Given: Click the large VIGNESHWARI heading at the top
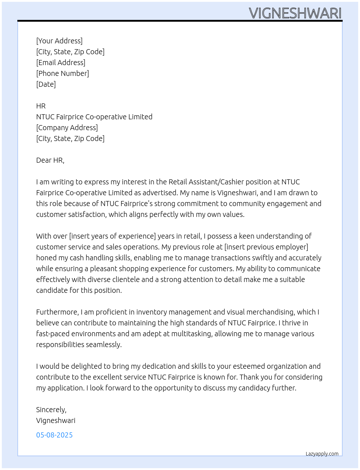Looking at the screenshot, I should pos(295,13).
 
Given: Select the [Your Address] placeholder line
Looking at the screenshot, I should pos(59,41).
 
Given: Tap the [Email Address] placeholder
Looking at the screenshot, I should pos(61,63).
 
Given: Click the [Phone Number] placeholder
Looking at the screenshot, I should pos(63,73).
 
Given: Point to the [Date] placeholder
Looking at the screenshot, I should pos(46,84).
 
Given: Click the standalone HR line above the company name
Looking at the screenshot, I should pos(41,106).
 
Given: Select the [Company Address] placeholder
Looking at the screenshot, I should pos(67,128).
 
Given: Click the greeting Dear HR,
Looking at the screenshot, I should pos(50,160).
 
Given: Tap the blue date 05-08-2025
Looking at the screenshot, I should pos(54,435).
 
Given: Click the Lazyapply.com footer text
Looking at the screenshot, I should pos(322,454).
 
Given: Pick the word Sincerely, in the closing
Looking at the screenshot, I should pos(51,410).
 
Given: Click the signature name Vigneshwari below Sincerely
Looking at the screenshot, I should pos(56,420).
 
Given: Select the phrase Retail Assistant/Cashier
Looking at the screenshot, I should pos(206,182).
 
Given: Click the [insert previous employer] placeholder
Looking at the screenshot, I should pos(266,247).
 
